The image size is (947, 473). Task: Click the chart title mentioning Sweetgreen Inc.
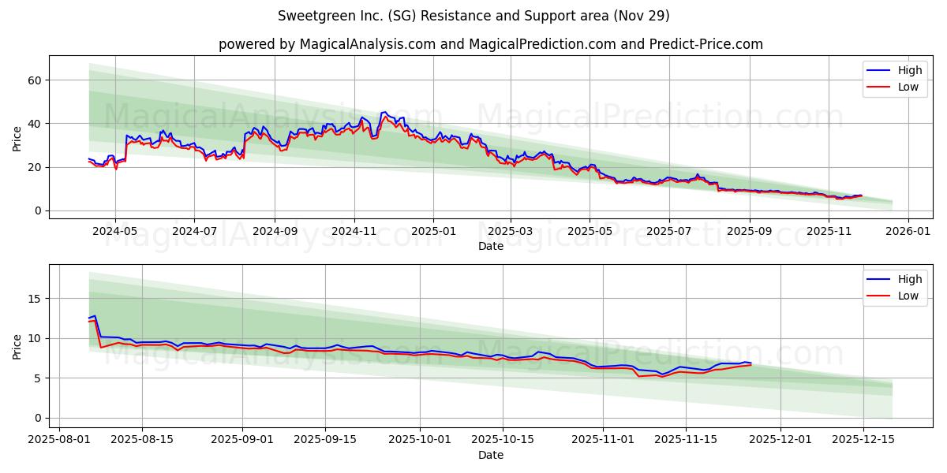[473, 16]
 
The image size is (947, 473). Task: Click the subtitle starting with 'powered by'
[490, 44]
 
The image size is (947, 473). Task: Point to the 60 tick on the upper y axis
[34, 80]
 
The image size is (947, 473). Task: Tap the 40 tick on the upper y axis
[34, 124]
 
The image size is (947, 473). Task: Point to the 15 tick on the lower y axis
[34, 299]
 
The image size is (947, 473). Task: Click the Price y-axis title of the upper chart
[17, 137]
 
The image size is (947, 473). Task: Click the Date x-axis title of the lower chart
[490, 455]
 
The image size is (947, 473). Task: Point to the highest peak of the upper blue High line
[384, 112]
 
